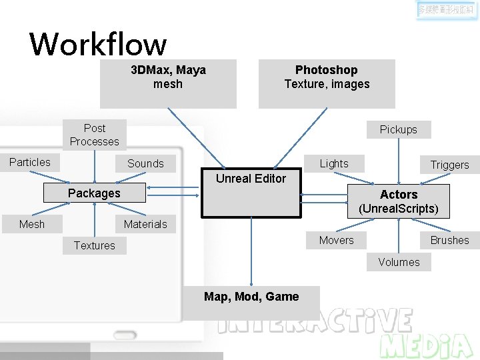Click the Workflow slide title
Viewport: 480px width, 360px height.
pos(98,44)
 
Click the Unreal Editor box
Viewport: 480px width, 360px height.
pos(251,193)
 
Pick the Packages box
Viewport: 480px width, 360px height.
pos(94,193)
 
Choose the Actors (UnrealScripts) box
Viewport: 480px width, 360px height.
pos(399,201)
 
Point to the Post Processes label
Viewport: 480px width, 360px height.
pos(95,135)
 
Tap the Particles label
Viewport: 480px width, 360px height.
pos(30,162)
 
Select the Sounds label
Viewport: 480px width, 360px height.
pos(145,163)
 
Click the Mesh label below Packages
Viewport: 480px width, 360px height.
pos(32,224)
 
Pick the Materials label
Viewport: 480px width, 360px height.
pos(145,224)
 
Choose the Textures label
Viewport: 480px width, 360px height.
pos(95,245)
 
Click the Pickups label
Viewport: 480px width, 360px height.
pos(399,129)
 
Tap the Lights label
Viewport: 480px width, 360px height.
pos(334,163)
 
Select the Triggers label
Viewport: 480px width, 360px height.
pos(449,165)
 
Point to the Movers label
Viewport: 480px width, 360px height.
pos(337,240)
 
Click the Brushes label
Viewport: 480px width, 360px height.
pos(449,240)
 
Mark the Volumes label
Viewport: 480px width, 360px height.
pos(399,262)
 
